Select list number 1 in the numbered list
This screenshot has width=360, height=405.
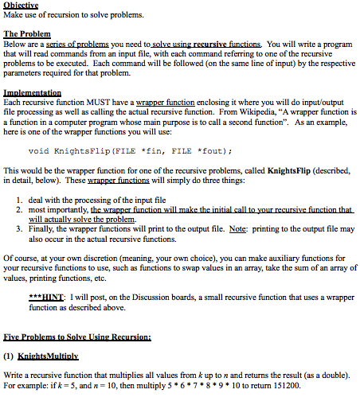pos(20,199)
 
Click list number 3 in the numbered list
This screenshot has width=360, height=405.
pos(20,228)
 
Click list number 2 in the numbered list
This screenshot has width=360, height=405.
pos(20,208)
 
